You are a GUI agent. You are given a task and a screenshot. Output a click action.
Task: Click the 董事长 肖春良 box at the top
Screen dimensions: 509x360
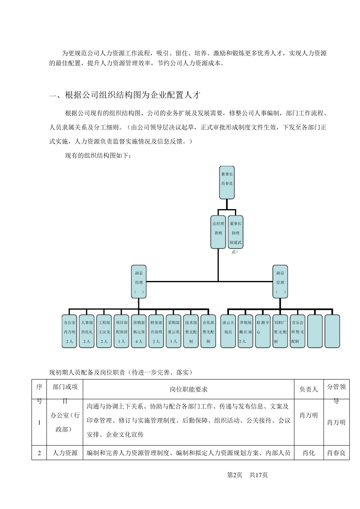tap(227, 182)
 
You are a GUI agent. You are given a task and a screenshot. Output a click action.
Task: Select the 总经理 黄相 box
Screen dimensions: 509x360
tap(218, 232)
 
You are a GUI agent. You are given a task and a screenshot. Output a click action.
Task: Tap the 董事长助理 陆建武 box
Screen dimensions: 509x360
tap(235, 232)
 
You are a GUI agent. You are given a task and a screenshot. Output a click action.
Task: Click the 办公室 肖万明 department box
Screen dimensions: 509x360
tap(69, 331)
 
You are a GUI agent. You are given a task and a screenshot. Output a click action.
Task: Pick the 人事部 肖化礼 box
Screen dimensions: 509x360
tap(87, 331)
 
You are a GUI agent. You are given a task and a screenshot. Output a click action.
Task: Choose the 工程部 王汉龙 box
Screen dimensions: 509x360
tap(104, 331)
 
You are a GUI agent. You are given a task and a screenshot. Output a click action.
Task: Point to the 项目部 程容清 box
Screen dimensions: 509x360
tap(122, 331)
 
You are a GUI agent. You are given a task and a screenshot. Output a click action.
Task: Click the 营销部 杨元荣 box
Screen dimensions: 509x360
tap(139, 331)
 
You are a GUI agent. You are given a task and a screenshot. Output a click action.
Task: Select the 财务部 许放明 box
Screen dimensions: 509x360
tap(156, 331)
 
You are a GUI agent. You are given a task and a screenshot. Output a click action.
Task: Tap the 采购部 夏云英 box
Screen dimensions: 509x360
tap(174, 331)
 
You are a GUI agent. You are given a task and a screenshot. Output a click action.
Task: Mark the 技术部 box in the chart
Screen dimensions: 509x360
tap(191, 331)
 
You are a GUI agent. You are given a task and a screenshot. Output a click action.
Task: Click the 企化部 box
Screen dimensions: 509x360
tap(208, 331)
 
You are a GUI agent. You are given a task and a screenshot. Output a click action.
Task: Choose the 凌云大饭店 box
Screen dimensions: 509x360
tap(228, 331)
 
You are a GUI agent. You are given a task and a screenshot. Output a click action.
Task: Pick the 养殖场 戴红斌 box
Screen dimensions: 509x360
tap(246, 331)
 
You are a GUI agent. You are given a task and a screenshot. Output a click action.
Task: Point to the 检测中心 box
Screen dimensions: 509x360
tap(263, 331)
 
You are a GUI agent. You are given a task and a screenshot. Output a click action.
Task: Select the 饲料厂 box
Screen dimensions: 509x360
tap(280, 331)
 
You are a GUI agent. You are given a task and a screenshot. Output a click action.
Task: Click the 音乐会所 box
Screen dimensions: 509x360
tap(297, 331)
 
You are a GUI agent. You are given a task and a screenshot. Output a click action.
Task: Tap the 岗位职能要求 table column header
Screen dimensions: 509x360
tap(189, 389)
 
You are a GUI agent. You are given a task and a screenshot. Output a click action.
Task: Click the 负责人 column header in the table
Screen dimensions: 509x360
tap(309, 389)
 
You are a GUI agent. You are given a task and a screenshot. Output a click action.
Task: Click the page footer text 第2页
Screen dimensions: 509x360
tap(235, 475)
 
